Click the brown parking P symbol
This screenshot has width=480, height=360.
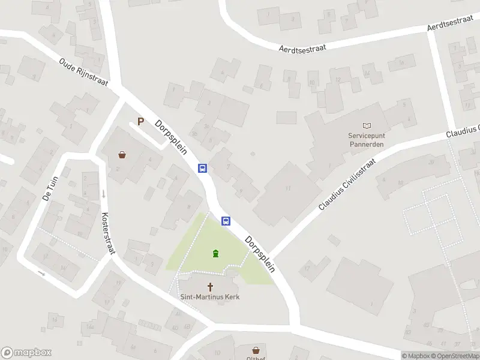pos(141,122)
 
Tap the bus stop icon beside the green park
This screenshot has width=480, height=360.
pos(226,221)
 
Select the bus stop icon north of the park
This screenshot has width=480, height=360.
pos(203,169)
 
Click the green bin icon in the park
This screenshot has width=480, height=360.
pos(215,254)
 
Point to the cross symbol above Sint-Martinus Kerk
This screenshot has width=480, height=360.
pos(211,287)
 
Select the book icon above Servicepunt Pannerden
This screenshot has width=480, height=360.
pos(368,125)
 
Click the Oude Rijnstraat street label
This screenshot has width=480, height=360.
pos(83,73)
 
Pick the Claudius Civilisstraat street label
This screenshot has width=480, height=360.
pos(347,184)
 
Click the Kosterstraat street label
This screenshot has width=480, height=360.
pos(108,233)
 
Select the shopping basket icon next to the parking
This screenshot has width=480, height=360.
pos(122,155)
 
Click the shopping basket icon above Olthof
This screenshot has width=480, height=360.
pos(256,349)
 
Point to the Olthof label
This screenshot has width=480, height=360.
pos(256,358)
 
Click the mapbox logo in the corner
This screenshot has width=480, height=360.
pos(26,353)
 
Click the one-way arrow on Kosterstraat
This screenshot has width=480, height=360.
pos(104,194)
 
